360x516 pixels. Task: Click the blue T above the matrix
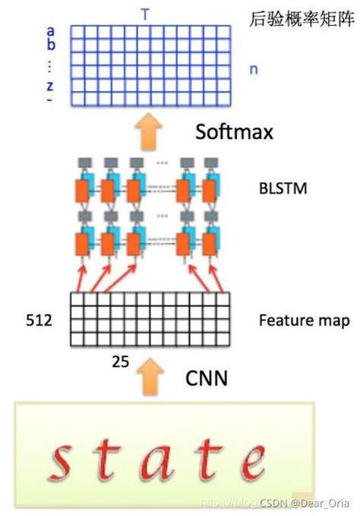[145, 13]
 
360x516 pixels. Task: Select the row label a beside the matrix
[50, 31]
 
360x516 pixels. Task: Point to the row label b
[51, 46]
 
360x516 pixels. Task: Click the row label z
[50, 85]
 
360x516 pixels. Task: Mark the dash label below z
[50, 99]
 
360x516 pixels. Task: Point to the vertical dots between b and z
[50, 65]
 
